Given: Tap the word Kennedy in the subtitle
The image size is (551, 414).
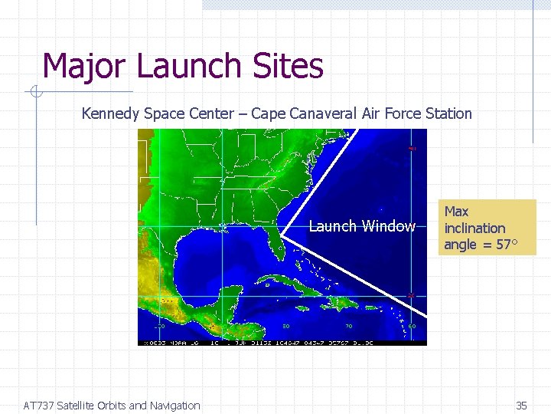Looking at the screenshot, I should pyautogui.click(x=110, y=114).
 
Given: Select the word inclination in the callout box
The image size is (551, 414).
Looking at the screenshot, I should pyautogui.click(x=474, y=228).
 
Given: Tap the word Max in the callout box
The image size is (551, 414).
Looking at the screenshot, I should pyautogui.click(x=456, y=211).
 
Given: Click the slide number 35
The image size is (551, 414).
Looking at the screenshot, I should pyautogui.click(x=522, y=406).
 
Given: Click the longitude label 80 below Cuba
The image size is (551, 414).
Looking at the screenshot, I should pyautogui.click(x=285, y=325).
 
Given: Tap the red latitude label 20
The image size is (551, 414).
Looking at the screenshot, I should pyautogui.click(x=412, y=294).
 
